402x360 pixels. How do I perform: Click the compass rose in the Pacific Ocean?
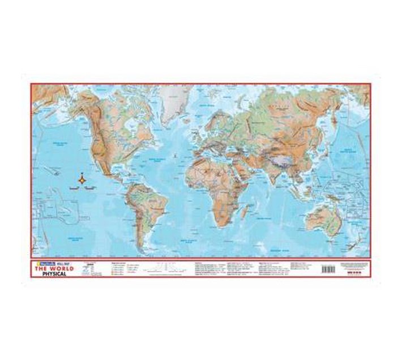point(83,179)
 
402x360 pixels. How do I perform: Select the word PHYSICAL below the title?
point(55,274)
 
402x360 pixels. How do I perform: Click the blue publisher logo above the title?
point(41,263)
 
